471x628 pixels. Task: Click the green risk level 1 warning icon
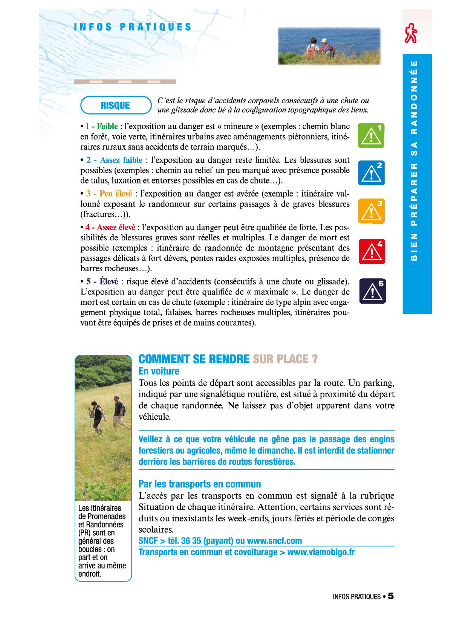tap(372, 135)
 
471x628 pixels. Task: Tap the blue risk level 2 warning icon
tap(372, 173)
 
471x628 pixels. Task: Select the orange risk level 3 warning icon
tap(372, 211)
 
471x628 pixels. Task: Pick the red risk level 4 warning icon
tap(372, 251)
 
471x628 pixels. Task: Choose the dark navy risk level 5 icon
tap(372, 291)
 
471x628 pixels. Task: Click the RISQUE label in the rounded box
tap(115, 105)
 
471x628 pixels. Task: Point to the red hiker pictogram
tap(411, 33)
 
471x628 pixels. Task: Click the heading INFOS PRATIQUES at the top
tap(133, 27)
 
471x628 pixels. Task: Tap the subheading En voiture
tap(159, 371)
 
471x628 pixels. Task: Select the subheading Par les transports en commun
tap(200, 484)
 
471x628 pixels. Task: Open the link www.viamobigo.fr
tap(321, 552)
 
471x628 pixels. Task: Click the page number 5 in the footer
tap(391, 596)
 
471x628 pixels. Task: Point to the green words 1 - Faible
tap(101, 126)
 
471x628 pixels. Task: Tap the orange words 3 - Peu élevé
tap(109, 194)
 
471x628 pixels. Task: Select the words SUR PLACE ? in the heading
tap(285, 359)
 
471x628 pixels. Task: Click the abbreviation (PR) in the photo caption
tap(86, 533)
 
